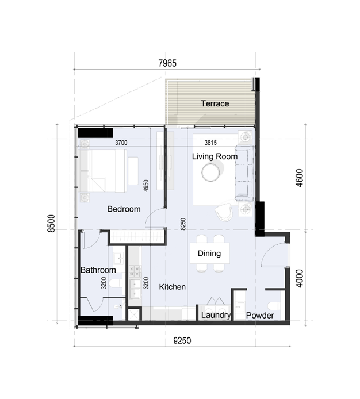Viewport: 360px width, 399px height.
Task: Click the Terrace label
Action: click(215, 104)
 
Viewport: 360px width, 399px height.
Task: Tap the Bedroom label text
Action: click(124, 209)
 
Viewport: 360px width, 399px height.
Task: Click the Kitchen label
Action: click(172, 286)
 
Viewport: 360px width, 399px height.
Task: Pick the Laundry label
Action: click(216, 316)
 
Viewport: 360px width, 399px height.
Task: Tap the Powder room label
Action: click(259, 316)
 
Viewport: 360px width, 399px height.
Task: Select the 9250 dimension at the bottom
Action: click(183, 341)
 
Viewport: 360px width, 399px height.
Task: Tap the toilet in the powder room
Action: click(274, 305)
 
